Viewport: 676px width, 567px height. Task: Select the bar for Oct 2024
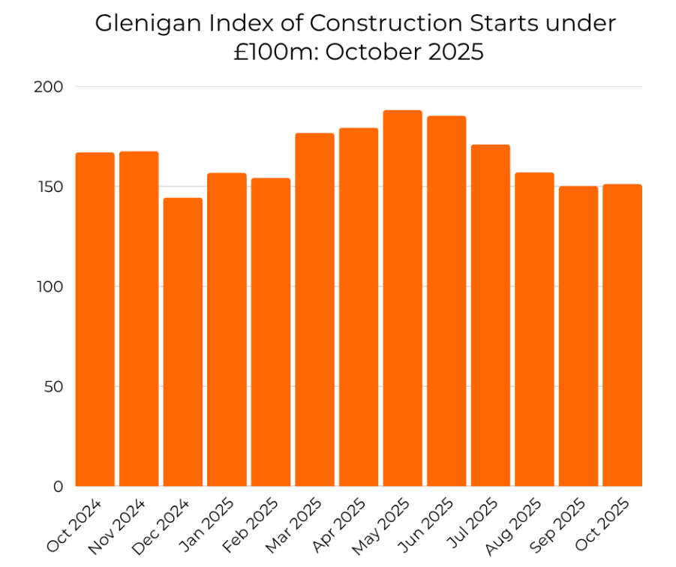(95, 319)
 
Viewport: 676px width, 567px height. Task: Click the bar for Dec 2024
(183, 342)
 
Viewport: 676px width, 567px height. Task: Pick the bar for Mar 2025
(315, 310)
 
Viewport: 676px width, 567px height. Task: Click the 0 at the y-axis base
(59, 487)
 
